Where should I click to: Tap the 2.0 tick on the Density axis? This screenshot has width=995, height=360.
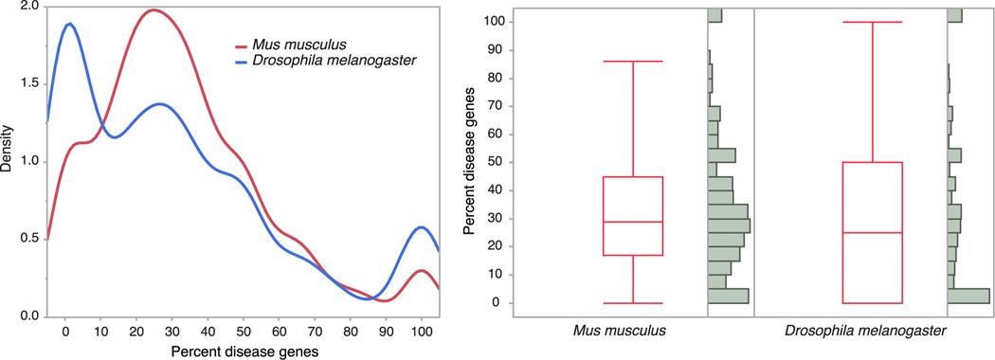tap(27, 7)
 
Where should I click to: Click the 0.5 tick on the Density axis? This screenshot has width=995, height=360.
tap(27, 239)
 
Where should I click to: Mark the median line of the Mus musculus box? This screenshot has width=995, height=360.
tap(633, 222)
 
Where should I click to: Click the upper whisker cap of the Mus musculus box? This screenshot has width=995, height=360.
tap(633, 61)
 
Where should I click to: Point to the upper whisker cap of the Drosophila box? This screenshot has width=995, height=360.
tap(872, 22)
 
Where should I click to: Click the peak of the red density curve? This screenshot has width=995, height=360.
tap(154, 10)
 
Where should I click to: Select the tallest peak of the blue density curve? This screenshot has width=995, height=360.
tap(67, 24)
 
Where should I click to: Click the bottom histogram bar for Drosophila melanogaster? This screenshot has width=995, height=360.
tap(968, 296)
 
